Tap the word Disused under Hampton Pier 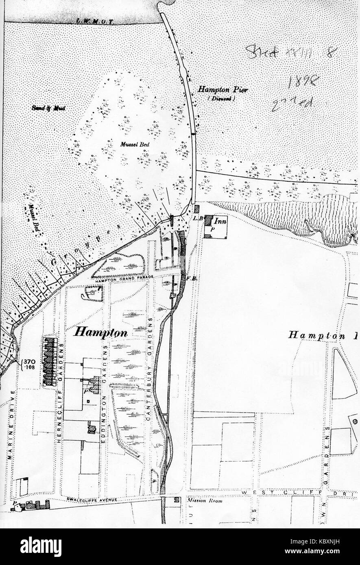(220, 98)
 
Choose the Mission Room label (205, 501)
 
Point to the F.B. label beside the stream (192, 278)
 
